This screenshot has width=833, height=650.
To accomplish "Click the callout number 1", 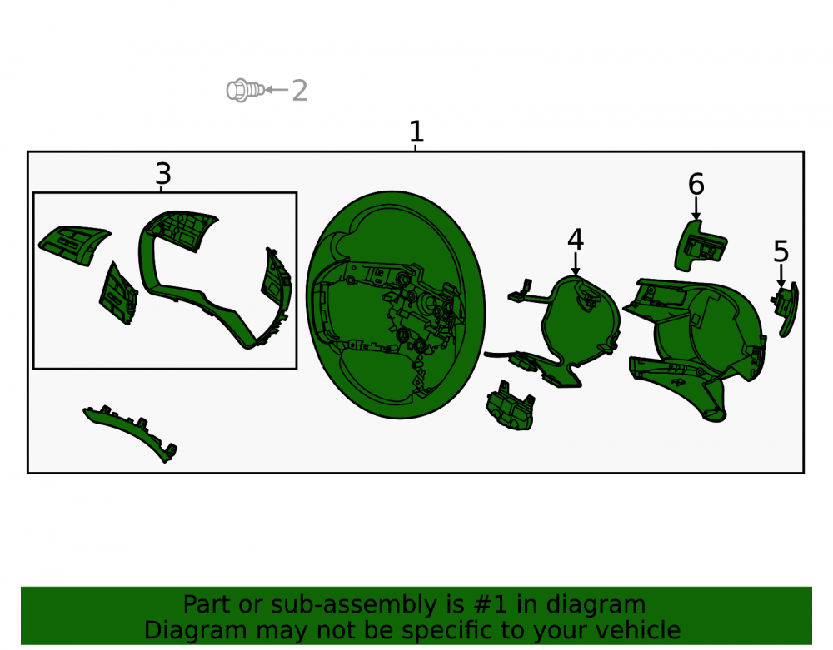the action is pyautogui.click(x=416, y=131).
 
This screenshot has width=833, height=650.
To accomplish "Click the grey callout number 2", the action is pyautogui.click(x=300, y=91).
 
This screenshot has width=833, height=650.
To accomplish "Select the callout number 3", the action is pyautogui.click(x=163, y=174).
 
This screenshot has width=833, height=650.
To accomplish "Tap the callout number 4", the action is pyautogui.click(x=576, y=240).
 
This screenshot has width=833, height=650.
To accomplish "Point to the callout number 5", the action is pyautogui.click(x=781, y=251).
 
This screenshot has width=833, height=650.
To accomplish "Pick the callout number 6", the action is pyautogui.click(x=696, y=184).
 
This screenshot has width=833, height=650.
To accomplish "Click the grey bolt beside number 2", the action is pyautogui.click(x=245, y=90).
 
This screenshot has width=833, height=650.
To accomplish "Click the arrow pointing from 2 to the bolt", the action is pyautogui.click(x=277, y=90).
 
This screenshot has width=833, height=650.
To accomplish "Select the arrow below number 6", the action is pyautogui.click(x=696, y=209).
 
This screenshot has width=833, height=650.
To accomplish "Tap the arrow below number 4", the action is pyautogui.click(x=576, y=265).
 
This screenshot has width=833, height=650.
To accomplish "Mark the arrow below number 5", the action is pyautogui.click(x=781, y=276).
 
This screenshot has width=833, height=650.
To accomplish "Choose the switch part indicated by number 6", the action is pyautogui.click(x=701, y=246).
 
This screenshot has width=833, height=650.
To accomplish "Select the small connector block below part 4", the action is pyautogui.click(x=510, y=404).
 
